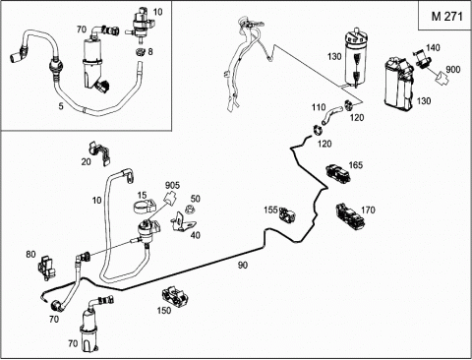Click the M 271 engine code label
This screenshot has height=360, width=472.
(x=446, y=16)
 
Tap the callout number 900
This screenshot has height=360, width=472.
(x=453, y=70)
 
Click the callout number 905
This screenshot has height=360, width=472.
(x=172, y=185)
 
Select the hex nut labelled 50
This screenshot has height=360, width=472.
(x=189, y=210)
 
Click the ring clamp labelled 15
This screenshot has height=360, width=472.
(x=145, y=207)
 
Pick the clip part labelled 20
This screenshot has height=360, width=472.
(x=99, y=153)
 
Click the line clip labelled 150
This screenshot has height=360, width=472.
(x=175, y=296)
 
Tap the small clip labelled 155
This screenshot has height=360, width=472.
(x=287, y=214)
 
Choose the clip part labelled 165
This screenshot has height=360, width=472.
(x=337, y=173)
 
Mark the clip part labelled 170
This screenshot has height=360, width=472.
(x=350, y=216)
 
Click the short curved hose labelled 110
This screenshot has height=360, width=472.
(x=331, y=115)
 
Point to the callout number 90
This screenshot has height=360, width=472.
(x=243, y=265)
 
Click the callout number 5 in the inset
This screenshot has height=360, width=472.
(x=61, y=106)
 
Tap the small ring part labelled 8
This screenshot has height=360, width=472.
(x=141, y=52)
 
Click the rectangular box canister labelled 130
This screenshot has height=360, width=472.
(x=400, y=84)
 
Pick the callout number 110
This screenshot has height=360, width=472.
(x=319, y=107)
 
